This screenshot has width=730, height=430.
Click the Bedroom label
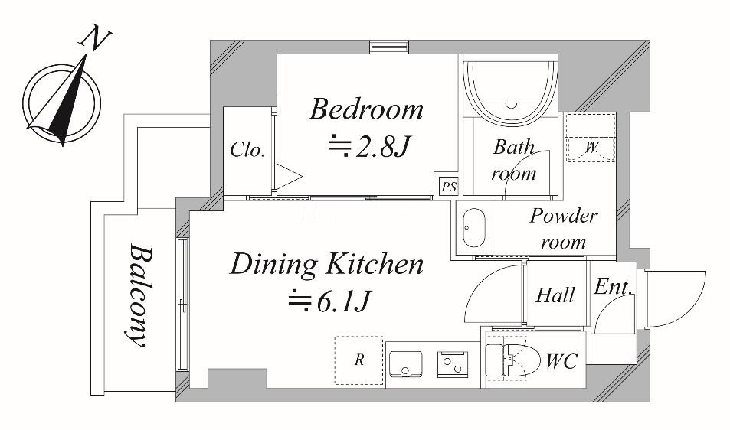(366, 109)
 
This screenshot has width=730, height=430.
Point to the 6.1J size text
(329, 301)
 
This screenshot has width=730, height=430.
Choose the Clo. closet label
(247, 150)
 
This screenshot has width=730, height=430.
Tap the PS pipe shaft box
(449, 187)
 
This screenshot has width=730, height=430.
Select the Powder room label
(563, 228)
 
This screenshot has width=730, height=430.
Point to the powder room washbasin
(474, 228)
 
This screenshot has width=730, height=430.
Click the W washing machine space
(591, 138)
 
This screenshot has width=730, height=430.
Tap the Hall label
(555, 295)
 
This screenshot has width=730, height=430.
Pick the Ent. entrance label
(613, 287)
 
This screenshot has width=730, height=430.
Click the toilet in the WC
(512, 360)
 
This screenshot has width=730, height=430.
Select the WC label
(562, 361)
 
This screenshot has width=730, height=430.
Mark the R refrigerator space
(359, 360)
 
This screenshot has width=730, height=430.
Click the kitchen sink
(405, 364)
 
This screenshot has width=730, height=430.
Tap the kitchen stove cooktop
(451, 364)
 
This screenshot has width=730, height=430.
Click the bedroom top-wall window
(389, 47)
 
